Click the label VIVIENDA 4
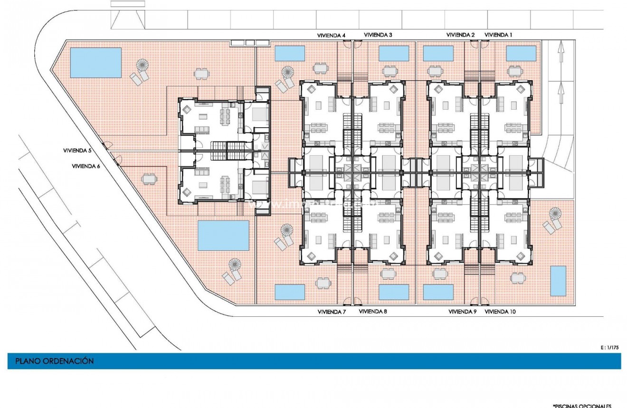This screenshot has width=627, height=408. click(331, 35)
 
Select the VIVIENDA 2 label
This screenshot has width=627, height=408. click(460, 35)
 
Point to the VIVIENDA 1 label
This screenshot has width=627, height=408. click(498, 35)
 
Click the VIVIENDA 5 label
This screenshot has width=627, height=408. click(77, 150)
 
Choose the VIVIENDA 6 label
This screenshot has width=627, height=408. click(86, 166)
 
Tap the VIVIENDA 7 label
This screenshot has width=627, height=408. click(331, 312)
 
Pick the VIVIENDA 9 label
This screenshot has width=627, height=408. click(463, 312)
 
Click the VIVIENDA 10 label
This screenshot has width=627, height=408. click(500, 312)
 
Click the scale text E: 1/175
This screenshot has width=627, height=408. click(610, 348)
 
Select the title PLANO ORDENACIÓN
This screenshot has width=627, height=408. click(55, 361)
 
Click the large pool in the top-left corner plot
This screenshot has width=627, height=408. click(95, 62)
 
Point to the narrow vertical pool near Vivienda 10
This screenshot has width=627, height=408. click(558, 280)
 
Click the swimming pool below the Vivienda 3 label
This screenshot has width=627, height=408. click(394, 53)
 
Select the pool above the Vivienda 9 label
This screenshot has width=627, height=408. click(438, 292)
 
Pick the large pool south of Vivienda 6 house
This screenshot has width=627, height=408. click(223, 235)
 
